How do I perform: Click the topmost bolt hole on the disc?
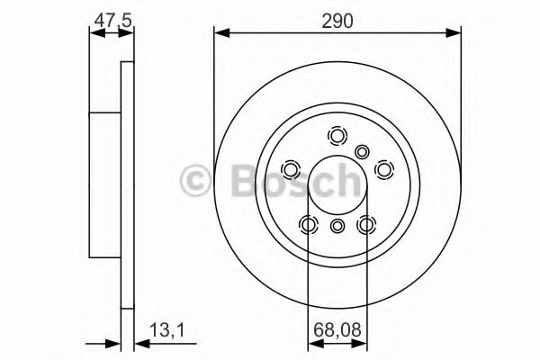tap(337, 136)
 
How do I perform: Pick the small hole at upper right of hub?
tap(363, 152)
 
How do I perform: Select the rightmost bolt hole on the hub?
tap(383, 168)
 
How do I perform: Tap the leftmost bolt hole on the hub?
tap(292, 169)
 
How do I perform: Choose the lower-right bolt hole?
tap(366, 224)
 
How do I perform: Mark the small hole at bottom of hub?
tap(337, 227)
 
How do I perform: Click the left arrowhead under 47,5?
tap(94, 34)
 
